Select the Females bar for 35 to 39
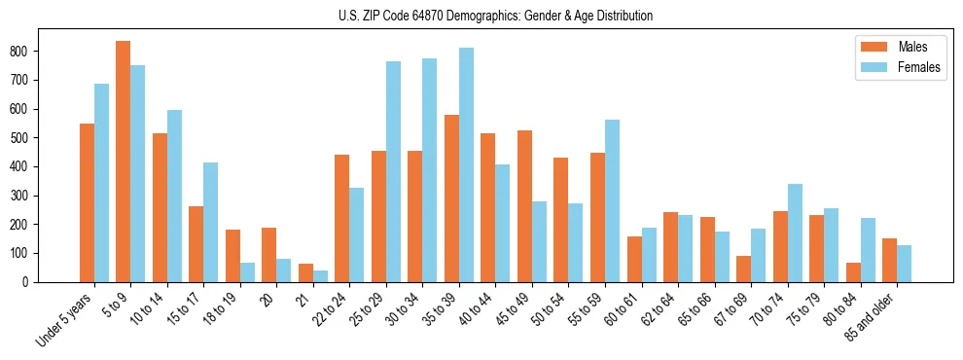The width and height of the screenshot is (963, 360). [x=466, y=164]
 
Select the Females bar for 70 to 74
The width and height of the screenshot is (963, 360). [x=795, y=233]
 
